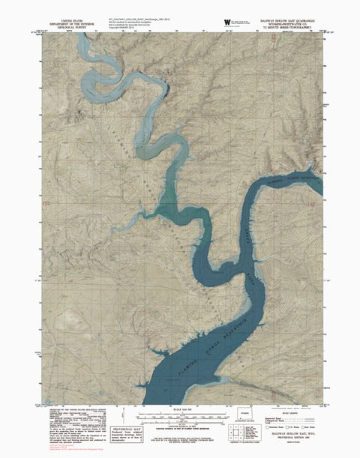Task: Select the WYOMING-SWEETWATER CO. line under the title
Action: [288, 20]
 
